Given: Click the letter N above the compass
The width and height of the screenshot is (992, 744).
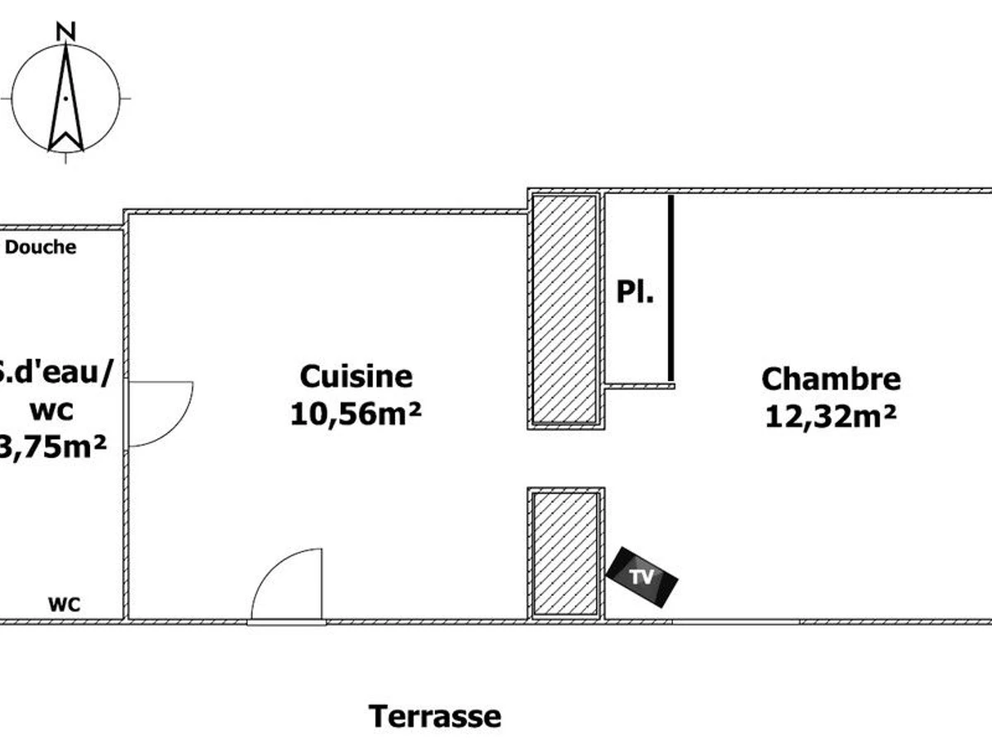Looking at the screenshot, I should coord(66,31).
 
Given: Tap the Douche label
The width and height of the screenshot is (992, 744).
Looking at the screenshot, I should coord(41,247).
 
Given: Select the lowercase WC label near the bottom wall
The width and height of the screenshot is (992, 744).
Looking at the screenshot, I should coord(64,604).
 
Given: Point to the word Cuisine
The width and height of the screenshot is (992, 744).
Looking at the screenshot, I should coord(355,377).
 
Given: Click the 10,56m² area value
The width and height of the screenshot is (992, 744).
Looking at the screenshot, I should coord(355,413).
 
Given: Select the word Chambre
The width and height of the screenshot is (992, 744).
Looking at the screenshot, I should coord(830,379).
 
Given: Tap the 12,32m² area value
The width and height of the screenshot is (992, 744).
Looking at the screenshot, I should coord(830,416).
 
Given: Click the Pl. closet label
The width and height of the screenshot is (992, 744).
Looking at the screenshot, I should coord(635,292).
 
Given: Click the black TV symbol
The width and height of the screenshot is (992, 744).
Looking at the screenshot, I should coord(642,577).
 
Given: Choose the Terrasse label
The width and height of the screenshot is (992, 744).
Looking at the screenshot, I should coord(434,716).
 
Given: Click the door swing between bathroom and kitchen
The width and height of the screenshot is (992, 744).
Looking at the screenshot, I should coord(161,413).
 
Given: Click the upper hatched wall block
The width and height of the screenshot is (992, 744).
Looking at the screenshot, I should coord(565,308).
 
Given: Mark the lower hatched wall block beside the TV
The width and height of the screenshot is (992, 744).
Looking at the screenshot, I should coord(565,553).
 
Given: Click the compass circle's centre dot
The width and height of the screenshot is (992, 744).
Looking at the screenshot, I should coord(66,98).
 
